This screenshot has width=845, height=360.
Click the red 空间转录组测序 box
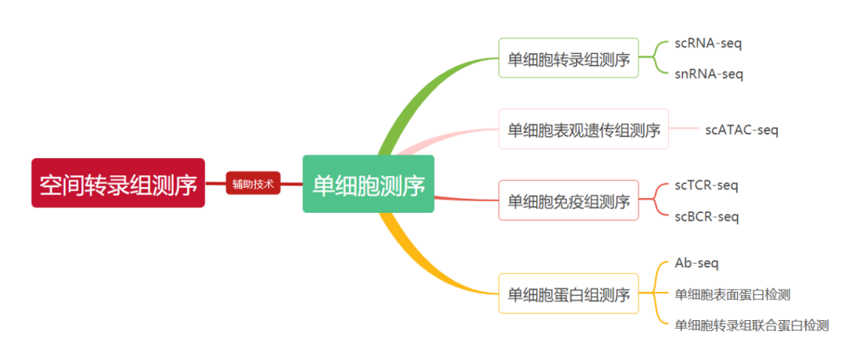click(118, 183)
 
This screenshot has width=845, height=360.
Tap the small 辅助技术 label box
click(252, 184)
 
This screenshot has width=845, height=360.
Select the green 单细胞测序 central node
click(368, 184)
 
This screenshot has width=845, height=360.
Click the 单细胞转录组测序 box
click(569, 58)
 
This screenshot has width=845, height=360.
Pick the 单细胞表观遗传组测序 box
click(584, 129)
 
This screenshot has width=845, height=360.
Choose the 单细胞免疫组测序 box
click(569, 200)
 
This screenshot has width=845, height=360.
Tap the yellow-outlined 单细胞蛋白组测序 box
click(569, 293)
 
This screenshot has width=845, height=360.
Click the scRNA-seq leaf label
click(708, 43)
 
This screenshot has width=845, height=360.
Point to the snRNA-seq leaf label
click(708, 74)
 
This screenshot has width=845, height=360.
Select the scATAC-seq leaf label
click(741, 130)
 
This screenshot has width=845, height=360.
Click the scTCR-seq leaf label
click(706, 185)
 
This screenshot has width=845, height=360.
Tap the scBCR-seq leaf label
click(706, 216)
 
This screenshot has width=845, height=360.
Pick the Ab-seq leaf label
click(696, 264)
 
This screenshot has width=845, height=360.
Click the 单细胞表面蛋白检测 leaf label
click(733, 294)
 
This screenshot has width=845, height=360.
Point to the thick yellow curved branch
click(422, 266)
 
